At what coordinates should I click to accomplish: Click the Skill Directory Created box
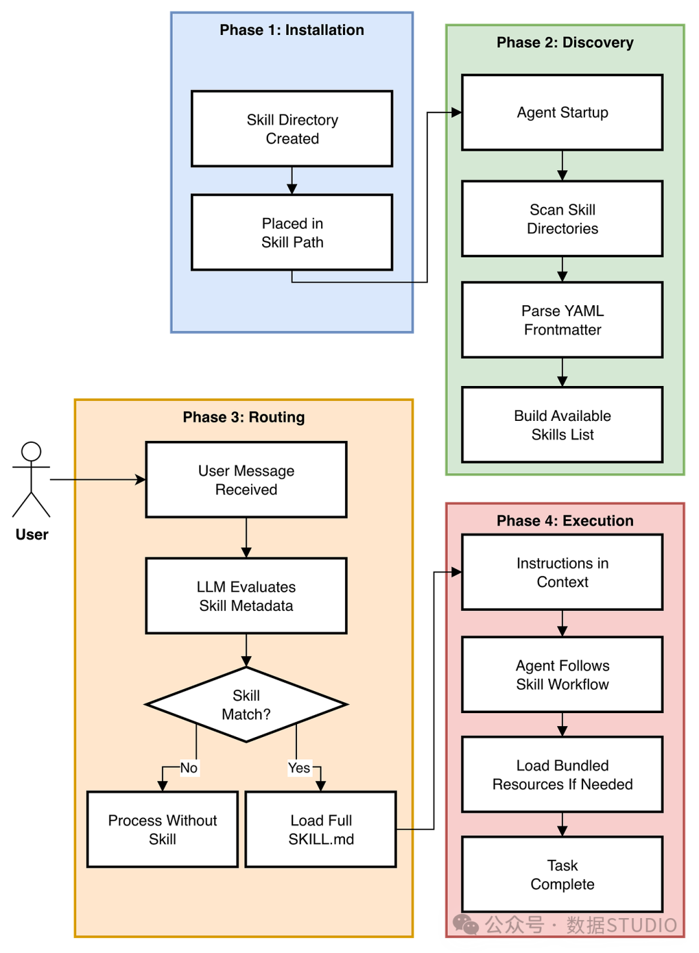pyautogui.click(x=292, y=129)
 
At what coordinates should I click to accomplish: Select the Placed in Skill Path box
pyautogui.click(x=292, y=232)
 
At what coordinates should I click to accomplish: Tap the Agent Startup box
pyautogui.click(x=562, y=112)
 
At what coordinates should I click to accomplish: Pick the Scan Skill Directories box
pyautogui.click(x=562, y=219)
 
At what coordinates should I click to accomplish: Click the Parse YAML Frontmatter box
pyautogui.click(x=562, y=319)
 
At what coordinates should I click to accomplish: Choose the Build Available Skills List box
pyautogui.click(x=562, y=425)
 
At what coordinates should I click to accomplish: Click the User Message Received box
pyautogui.click(x=246, y=480)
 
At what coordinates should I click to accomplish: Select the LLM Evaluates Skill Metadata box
pyautogui.click(x=246, y=596)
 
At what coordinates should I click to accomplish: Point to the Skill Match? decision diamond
pyautogui.click(x=246, y=705)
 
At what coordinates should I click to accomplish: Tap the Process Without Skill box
pyautogui.click(x=162, y=830)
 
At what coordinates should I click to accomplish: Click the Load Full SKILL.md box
pyautogui.click(x=321, y=830)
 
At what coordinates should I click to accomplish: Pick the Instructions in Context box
pyautogui.click(x=562, y=572)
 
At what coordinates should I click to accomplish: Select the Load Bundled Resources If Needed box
pyautogui.click(x=562, y=775)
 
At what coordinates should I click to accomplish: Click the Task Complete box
pyautogui.click(x=562, y=874)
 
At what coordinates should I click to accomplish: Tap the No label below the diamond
pyautogui.click(x=189, y=768)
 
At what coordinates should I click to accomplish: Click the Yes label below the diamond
pyautogui.click(x=299, y=768)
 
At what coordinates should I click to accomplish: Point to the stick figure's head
pyautogui.click(x=31, y=451)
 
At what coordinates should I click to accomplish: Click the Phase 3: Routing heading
pyautogui.click(x=243, y=417)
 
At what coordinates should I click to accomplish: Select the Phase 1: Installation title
pyautogui.click(x=292, y=30)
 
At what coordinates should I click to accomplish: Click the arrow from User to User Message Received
pyautogui.click(x=98, y=480)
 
